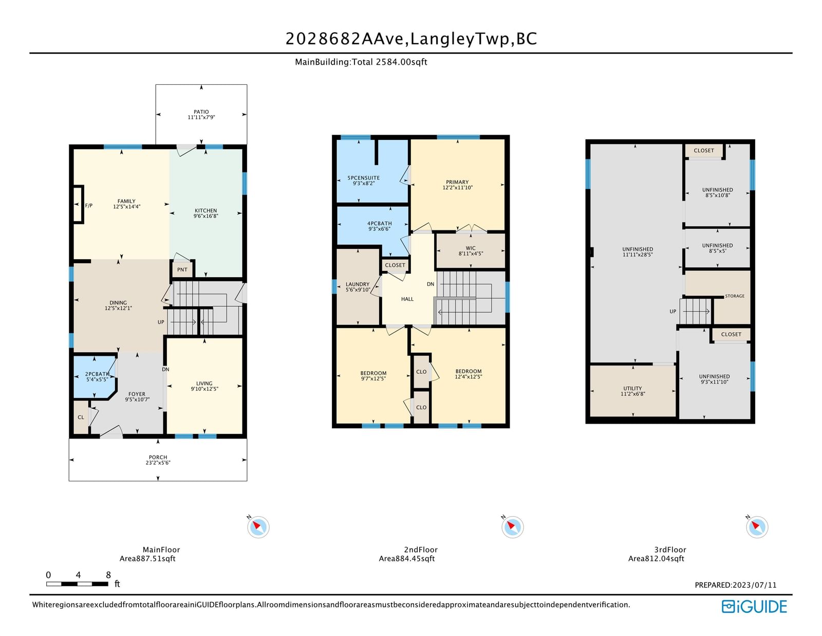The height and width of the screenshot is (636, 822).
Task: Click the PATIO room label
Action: tap(201, 112)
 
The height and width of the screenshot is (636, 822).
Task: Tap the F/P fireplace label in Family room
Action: tap(89, 206)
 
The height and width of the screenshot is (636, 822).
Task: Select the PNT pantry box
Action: tap(182, 269)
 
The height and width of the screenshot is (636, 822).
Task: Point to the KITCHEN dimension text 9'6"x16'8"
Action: tap(206, 216)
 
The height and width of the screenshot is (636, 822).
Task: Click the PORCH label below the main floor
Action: tap(158, 457)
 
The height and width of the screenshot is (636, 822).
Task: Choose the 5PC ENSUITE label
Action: tap(364, 178)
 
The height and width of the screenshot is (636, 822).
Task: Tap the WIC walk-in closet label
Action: tap(471, 248)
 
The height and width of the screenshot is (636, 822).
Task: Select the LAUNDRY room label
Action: tap(358, 284)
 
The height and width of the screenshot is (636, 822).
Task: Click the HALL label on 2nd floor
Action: tap(407, 299)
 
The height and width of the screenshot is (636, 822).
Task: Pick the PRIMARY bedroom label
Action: tap(457, 182)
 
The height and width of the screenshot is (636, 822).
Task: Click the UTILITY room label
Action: tap(632, 388)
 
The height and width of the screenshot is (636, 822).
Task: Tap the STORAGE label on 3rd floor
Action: tap(735, 296)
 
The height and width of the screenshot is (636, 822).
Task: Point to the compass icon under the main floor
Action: tap(258, 526)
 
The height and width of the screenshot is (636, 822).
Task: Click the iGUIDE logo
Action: tap(754, 607)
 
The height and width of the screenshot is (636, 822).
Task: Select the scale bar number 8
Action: tap(108, 575)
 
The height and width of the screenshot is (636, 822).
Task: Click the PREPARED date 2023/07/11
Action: tap(754, 585)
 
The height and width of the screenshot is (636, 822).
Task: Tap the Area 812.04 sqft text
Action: tap(656, 558)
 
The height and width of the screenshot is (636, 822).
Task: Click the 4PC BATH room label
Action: tap(380, 223)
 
